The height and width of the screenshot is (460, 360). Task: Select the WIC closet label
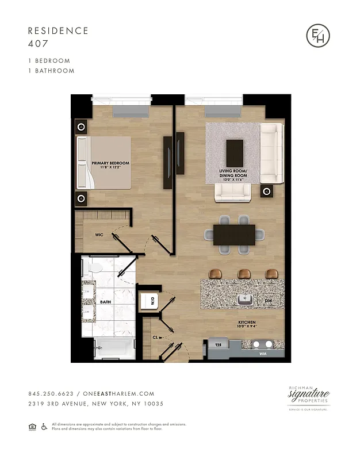(99, 235)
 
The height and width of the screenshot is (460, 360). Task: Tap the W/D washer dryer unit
(148, 301)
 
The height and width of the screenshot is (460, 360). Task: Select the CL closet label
(155, 338)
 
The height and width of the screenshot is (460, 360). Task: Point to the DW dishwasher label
(269, 301)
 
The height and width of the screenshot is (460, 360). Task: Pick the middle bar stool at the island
(244, 273)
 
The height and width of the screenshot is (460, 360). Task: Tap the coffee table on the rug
(235, 153)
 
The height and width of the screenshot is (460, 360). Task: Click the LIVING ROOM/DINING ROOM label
(234, 174)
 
